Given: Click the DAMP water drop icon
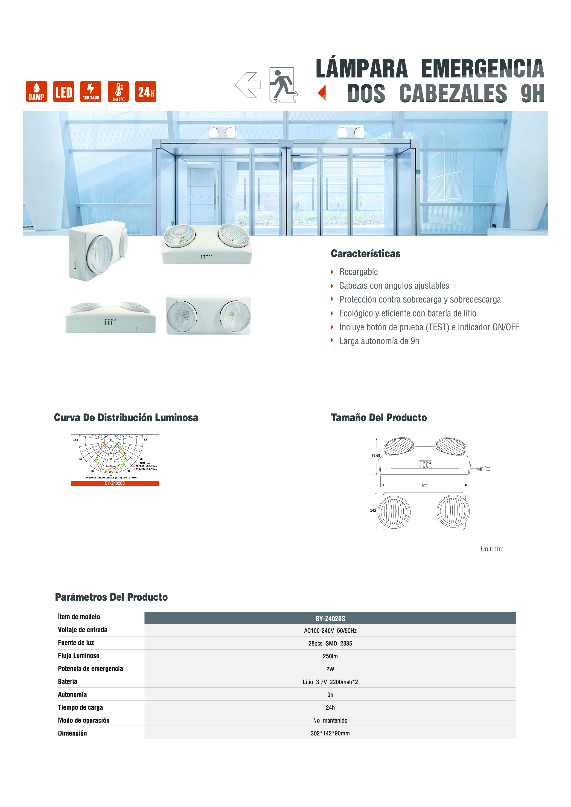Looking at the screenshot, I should click(x=36, y=92).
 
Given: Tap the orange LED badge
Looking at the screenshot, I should click(x=64, y=92).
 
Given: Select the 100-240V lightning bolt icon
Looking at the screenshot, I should click(x=91, y=92).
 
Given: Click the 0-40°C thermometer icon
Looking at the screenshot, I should click(x=118, y=92).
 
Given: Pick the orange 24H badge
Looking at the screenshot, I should click(x=146, y=92).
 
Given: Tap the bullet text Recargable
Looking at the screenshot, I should click(x=358, y=272).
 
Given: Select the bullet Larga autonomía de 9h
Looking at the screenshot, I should click(x=379, y=341).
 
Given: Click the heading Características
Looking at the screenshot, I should click(x=366, y=254).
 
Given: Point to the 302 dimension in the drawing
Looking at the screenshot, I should click(x=424, y=486).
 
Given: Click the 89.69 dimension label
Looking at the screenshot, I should click(x=376, y=455).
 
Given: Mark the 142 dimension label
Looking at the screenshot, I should click(x=373, y=510).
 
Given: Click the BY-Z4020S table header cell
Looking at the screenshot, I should click(x=330, y=619).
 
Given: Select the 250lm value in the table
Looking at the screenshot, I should click(x=330, y=656).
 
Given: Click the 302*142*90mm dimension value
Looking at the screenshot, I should click(x=330, y=733).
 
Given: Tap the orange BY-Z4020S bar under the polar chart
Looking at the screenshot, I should click(x=115, y=483).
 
